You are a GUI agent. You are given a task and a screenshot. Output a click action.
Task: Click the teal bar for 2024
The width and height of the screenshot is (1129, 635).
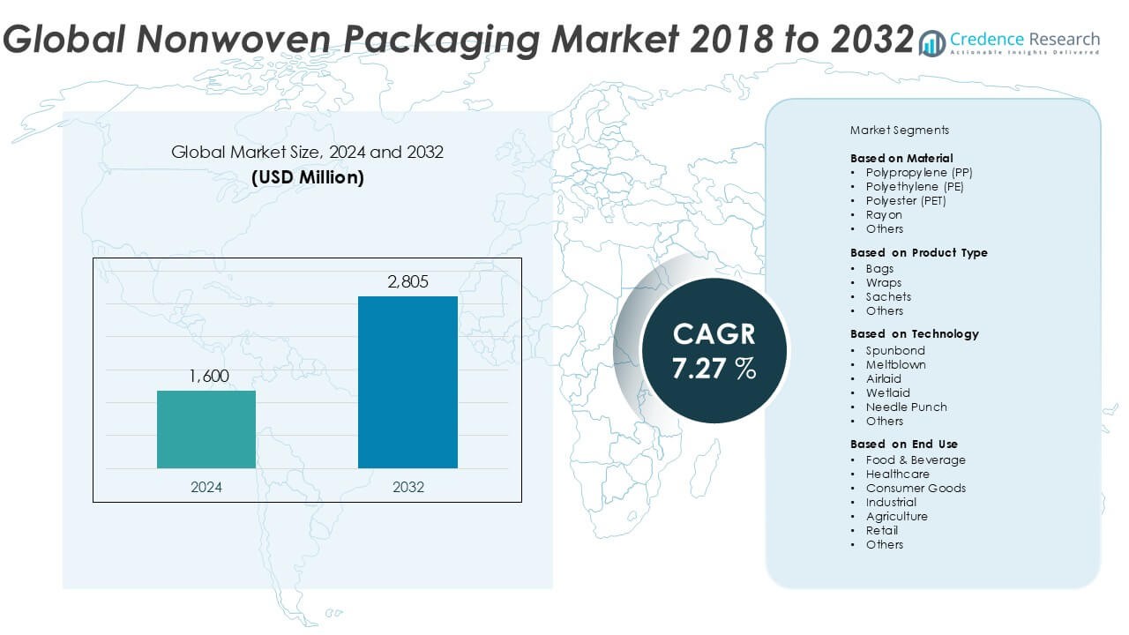click(206, 430)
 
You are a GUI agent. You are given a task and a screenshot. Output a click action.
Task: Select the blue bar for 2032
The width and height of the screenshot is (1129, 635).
click(407, 382)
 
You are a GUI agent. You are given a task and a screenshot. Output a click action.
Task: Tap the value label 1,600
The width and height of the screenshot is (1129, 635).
click(208, 377)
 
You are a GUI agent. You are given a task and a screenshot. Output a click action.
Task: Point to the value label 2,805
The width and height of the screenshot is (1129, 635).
click(407, 282)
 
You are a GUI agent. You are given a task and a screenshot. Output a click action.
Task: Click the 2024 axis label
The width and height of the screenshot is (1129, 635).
click(206, 487)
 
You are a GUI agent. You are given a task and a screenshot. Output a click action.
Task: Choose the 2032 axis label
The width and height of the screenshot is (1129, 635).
click(407, 487)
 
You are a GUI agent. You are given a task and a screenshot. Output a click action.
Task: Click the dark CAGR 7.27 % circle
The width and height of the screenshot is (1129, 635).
click(714, 350)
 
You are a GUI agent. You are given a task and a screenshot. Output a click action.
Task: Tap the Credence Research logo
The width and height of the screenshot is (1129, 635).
click(1009, 41)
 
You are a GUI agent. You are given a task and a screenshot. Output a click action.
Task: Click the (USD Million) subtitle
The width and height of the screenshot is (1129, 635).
click(307, 176)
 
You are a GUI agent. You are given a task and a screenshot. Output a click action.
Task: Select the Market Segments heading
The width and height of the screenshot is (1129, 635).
click(899, 130)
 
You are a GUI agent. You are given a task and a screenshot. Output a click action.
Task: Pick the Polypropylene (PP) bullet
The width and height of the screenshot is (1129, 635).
click(918, 172)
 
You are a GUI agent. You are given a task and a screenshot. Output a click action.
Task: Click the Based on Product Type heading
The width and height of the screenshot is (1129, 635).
click(918, 252)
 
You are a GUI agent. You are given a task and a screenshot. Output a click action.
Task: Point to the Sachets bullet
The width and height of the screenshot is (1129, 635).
click(887, 296)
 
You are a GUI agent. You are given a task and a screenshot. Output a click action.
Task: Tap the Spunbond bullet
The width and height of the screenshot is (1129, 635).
click(895, 350)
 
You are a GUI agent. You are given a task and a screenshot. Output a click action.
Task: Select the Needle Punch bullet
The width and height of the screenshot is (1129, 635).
click(906, 407)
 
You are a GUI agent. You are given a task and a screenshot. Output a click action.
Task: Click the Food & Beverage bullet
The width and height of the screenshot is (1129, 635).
click(915, 459)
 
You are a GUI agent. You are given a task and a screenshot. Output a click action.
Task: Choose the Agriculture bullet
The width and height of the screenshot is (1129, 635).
click(896, 516)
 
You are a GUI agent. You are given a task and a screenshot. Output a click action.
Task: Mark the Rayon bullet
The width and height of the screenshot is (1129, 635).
click(883, 214)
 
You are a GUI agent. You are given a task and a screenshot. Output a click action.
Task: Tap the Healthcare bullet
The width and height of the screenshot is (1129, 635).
click(897, 474)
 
